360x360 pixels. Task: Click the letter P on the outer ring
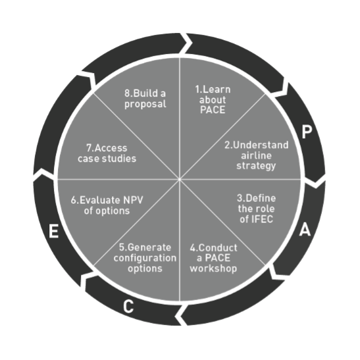[307, 132]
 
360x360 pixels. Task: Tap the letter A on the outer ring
[305, 230]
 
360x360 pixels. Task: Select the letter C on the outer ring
[128, 306]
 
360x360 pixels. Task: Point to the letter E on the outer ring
[53, 231]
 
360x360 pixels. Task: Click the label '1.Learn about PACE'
[213, 99]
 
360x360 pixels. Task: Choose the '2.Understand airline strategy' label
[257, 156]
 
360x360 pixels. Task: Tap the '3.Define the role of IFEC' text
[257, 209]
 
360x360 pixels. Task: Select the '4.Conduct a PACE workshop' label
[213, 258]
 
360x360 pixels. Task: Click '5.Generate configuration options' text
[145, 258]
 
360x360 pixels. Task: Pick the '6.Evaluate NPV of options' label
[107, 205]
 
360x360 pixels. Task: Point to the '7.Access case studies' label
[107, 153]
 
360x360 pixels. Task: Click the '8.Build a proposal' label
[145, 99]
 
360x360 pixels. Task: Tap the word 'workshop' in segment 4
[213, 269]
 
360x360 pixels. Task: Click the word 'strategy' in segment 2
[256, 166]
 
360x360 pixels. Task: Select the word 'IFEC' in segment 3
[262, 219]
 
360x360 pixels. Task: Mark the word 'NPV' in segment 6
[133, 200]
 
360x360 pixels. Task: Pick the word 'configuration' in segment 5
[145, 258]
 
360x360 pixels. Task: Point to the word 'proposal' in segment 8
[145, 104]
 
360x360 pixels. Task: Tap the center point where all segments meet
[179, 179]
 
